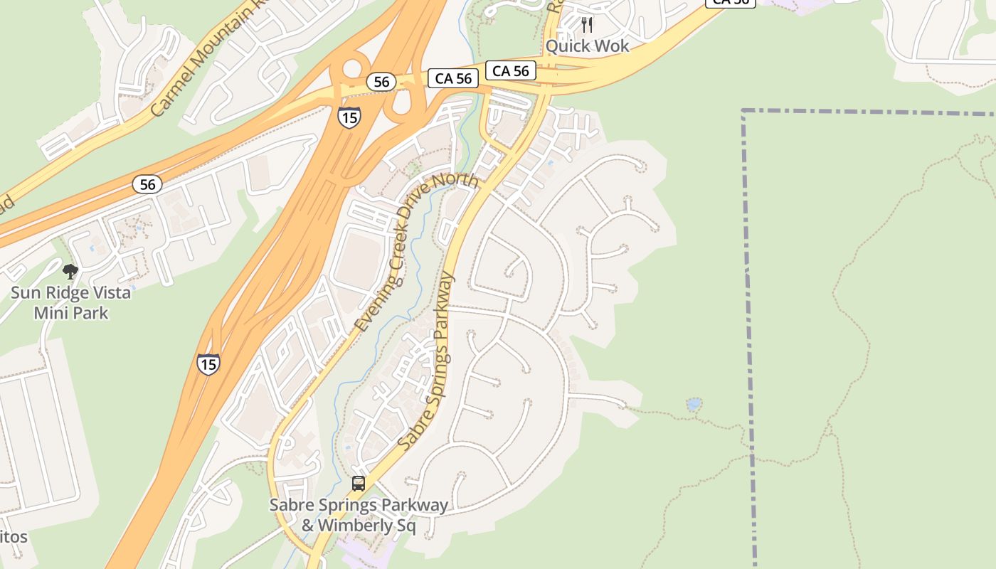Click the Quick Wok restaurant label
click(x=587, y=46)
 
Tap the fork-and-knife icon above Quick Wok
click(x=587, y=25)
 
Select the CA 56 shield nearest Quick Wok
click(x=511, y=70)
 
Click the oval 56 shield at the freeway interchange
click(x=381, y=82)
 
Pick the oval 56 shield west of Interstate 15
click(x=147, y=185)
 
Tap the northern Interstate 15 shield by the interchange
click(x=349, y=117)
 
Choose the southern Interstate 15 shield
click(x=208, y=364)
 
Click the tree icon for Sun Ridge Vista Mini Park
click(x=70, y=271)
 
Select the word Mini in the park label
click(x=52, y=313)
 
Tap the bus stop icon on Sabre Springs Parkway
click(x=359, y=484)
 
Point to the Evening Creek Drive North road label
click(x=416, y=252)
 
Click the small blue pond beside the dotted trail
click(x=694, y=405)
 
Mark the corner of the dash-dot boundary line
click(x=743, y=112)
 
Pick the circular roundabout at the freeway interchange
click(x=352, y=69)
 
